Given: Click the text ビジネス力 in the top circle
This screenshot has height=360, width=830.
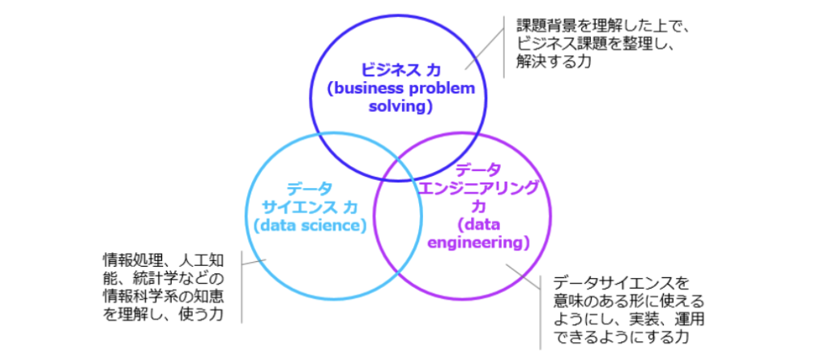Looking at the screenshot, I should [x=400, y=71].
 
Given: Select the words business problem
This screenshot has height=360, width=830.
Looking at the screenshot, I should [x=400, y=89].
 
